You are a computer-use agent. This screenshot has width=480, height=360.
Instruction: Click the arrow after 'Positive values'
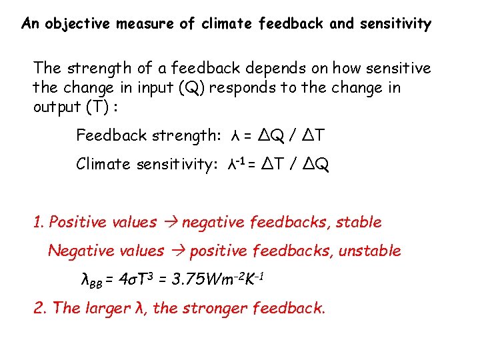(169, 223)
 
